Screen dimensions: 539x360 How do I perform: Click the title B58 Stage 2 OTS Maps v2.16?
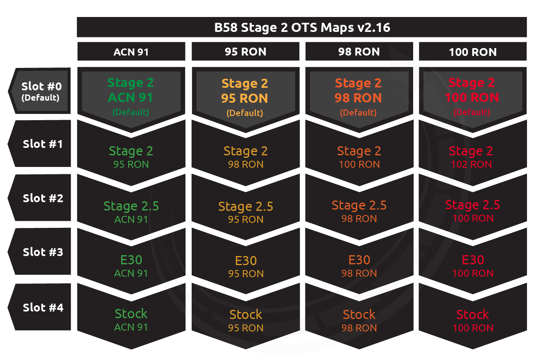pyautogui.click(x=302, y=27)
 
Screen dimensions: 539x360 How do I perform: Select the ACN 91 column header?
pyautogui.click(x=131, y=51)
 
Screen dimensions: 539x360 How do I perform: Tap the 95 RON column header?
pyautogui.click(x=245, y=51)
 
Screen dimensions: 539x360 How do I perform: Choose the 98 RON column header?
pyautogui.click(x=359, y=51)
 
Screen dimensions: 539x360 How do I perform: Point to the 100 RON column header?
pyautogui.click(x=473, y=51)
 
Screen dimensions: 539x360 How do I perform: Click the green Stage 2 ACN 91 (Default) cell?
pyautogui.click(x=131, y=97)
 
